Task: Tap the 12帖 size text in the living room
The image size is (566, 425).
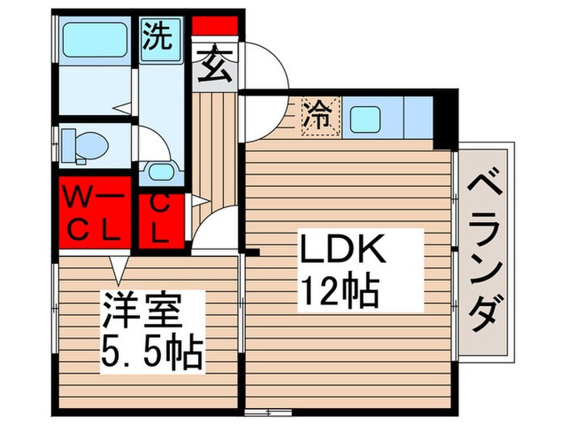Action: [x=340, y=290]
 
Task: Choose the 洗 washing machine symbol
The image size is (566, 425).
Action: [x=158, y=36]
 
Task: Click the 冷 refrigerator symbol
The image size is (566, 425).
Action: [x=318, y=117]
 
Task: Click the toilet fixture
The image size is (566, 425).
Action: [x=85, y=144]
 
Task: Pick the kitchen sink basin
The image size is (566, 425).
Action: [x=374, y=118]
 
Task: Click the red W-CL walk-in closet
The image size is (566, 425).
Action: [x=94, y=213]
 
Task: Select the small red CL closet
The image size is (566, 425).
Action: [x=160, y=219]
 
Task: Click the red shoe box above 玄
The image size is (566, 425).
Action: [x=215, y=25]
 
